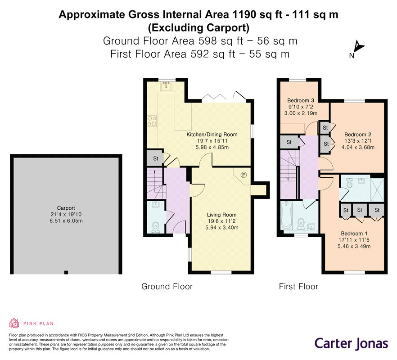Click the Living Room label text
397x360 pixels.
(x=221, y=215)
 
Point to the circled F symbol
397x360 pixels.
(x=244, y=175)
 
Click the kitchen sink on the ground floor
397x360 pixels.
(x=167, y=85)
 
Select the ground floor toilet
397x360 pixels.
(x=155, y=226)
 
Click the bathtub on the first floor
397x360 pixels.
(x=287, y=216)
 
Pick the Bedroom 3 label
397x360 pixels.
(x=301, y=100)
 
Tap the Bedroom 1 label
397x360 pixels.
(x=354, y=234)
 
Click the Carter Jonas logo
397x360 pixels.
(x=351, y=343)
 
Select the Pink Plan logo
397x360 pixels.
(x=27, y=323)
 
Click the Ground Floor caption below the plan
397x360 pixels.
(x=167, y=286)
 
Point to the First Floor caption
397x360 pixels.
(x=298, y=286)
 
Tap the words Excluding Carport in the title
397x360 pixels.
(x=198, y=27)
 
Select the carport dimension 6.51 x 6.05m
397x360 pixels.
(x=65, y=221)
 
